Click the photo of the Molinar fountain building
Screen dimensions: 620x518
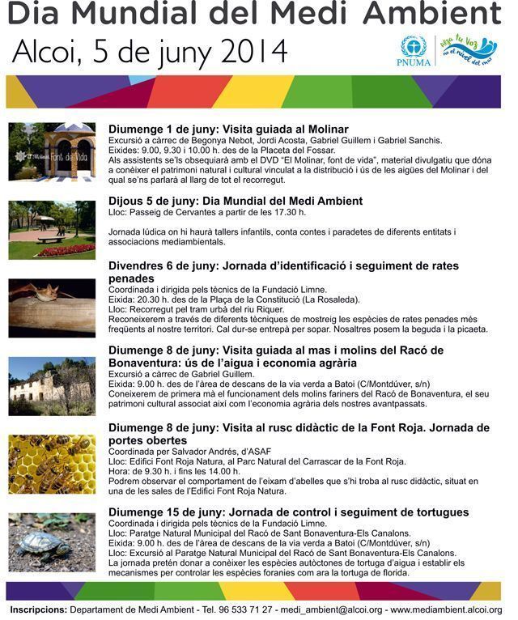(x=52, y=151)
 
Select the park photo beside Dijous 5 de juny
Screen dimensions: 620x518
(x=52, y=229)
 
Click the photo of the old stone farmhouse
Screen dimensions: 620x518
(x=52, y=386)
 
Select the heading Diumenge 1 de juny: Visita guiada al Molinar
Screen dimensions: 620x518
(x=228, y=130)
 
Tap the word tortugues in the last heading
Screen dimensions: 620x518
(x=440, y=512)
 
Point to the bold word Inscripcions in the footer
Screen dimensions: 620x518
(x=39, y=609)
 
